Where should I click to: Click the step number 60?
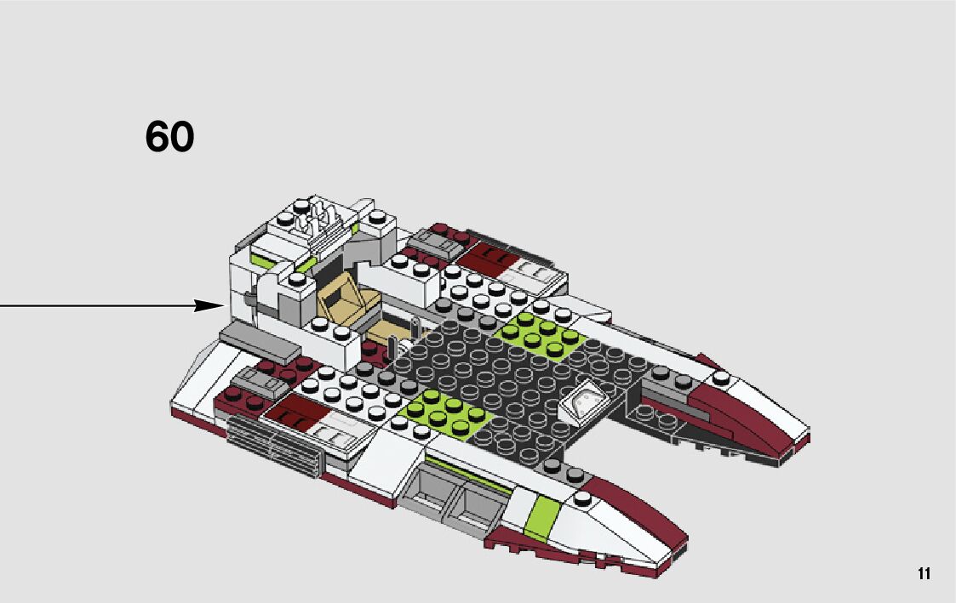click(x=169, y=137)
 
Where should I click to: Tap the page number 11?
click(x=924, y=573)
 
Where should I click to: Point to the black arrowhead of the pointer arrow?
click(x=209, y=305)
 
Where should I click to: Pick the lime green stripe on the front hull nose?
click(x=542, y=520)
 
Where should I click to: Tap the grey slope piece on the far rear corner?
click(x=434, y=246)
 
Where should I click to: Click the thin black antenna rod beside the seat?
click(x=392, y=348)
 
